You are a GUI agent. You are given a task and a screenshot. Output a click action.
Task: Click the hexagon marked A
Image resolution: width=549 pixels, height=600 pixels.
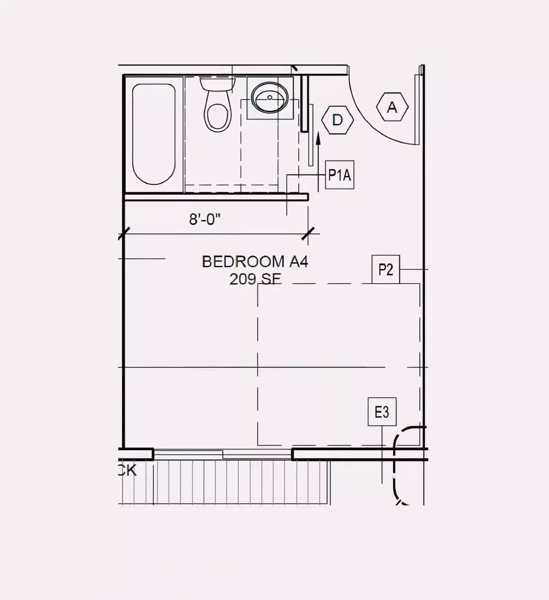(392, 107)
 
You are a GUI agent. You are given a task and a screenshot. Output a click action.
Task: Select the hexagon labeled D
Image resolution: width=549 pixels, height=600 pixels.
(338, 120)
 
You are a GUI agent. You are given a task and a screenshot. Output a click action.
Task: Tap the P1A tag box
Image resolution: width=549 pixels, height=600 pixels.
(340, 175)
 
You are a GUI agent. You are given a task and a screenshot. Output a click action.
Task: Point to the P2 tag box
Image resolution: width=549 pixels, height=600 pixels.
(386, 269)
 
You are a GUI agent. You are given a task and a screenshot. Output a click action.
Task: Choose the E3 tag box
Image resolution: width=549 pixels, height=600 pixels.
(382, 412)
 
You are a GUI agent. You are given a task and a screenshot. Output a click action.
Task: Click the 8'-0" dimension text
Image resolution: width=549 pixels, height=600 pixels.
(205, 219)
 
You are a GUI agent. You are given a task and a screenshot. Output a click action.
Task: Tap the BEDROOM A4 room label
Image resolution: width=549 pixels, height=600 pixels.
(255, 261)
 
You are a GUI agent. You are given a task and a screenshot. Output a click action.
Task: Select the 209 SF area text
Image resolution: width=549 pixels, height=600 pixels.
(255, 279)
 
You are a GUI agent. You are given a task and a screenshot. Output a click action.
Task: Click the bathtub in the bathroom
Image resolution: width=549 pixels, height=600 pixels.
(154, 134)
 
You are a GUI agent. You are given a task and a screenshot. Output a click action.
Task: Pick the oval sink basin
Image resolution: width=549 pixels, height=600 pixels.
(269, 98)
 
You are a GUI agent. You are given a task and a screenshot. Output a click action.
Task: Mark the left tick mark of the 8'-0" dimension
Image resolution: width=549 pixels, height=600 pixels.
(124, 234)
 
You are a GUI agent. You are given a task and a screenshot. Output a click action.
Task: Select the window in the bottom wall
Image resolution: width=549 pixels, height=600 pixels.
(223, 454)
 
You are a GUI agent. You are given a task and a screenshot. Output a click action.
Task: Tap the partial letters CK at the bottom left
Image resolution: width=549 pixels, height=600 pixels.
(128, 470)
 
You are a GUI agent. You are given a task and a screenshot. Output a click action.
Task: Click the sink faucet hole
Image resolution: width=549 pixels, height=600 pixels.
(269, 97)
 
